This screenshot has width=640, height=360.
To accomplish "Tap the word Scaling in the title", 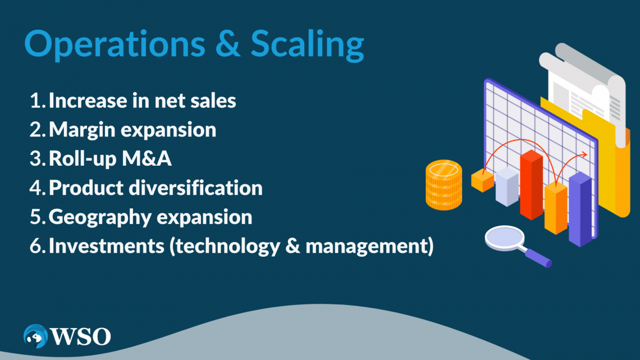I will [307, 45].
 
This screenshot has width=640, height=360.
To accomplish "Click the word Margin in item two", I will [84, 130].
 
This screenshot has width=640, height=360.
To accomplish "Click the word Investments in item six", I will [106, 246].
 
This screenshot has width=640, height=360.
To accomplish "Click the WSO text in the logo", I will [80, 337].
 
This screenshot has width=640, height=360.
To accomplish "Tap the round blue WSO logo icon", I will [35, 337].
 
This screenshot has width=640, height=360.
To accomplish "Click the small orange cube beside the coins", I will [482, 180].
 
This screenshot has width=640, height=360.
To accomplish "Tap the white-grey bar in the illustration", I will [506, 187].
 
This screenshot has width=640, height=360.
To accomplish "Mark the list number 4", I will [37, 188].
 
